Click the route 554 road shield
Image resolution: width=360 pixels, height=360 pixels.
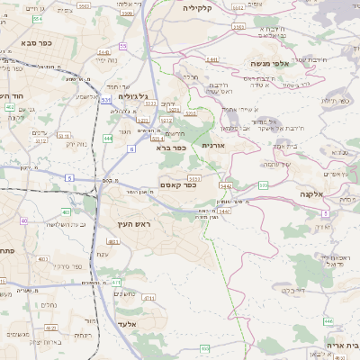click(x=37, y=18)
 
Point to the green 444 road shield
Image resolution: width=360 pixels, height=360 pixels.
click(x=108, y=139)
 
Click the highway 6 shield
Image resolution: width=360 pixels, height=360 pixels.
click(x=131, y=148)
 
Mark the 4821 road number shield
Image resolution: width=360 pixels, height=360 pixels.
click(x=156, y=139)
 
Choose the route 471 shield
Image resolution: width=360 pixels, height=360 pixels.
click(x=115, y=282)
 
